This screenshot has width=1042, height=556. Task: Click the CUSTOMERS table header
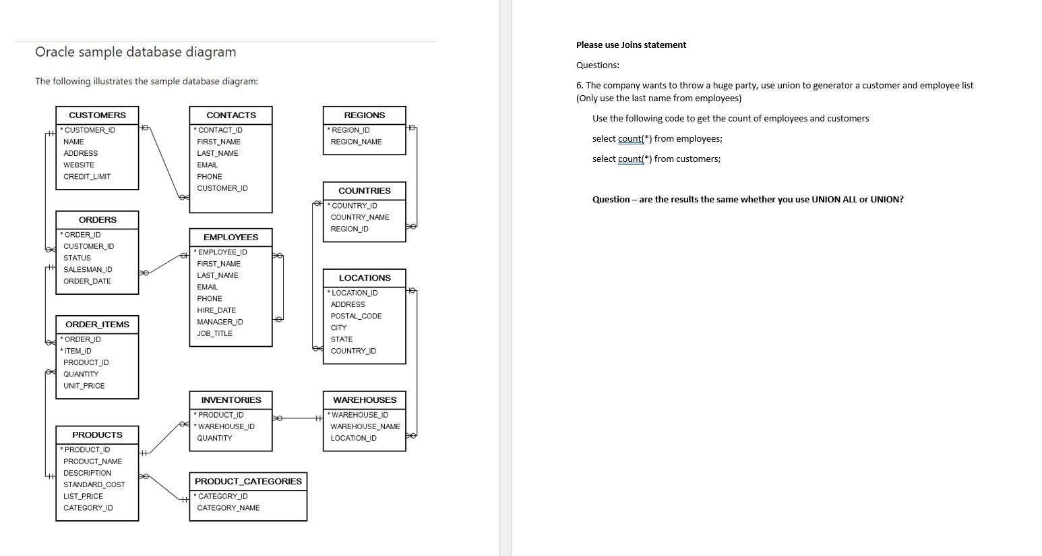[x=97, y=115]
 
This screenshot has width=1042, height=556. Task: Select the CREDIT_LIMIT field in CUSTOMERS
[x=87, y=177]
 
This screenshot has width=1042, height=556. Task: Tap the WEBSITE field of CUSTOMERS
[x=79, y=165]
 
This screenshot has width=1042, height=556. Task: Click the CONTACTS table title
[x=231, y=115]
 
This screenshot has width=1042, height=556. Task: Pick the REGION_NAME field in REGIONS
[x=356, y=142]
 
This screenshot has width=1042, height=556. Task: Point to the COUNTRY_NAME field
[x=360, y=217]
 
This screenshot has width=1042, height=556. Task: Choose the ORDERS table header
[x=97, y=220]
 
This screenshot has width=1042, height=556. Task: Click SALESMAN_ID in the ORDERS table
[x=88, y=270]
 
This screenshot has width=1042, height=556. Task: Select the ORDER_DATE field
[x=87, y=281]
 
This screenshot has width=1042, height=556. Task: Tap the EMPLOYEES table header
[x=231, y=238]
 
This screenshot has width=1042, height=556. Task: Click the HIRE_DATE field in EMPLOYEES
[x=216, y=310]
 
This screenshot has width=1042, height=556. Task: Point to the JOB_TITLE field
[x=214, y=334]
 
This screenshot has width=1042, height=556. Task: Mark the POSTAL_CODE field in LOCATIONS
[x=356, y=316]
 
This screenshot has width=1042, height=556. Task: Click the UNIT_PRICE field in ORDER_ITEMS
[x=84, y=386]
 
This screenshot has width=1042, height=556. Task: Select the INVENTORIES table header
[x=231, y=400]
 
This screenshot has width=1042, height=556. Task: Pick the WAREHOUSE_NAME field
[x=365, y=426]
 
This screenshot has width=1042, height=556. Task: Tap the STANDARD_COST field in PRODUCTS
[x=94, y=484]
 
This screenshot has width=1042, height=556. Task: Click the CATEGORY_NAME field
[x=228, y=508]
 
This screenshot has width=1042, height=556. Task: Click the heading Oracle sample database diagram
[x=135, y=52]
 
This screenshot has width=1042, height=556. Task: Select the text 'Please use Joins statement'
[x=631, y=45]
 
